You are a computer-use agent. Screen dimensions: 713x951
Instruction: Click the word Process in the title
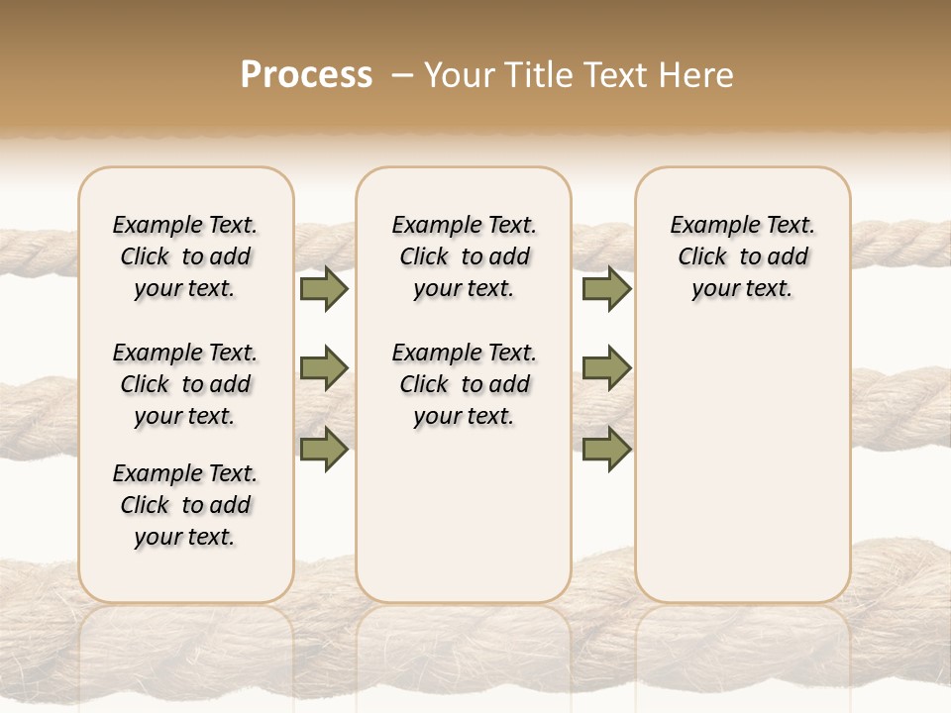coord(306,74)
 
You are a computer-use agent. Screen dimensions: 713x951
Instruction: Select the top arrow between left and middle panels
coord(324,288)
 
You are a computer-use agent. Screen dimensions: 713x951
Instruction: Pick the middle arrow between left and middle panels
coord(324,368)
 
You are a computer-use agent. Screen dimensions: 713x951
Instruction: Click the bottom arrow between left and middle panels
coord(324,449)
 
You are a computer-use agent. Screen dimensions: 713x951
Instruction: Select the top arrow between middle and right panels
coord(606,288)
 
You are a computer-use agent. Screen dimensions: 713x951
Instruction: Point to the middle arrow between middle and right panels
coord(606,368)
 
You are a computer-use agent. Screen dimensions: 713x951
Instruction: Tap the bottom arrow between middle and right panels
coord(606,449)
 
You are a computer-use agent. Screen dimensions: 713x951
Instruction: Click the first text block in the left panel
coord(185,256)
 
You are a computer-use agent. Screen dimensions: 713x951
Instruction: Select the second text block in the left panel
coord(185,384)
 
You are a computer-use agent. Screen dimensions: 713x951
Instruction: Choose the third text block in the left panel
coord(185,505)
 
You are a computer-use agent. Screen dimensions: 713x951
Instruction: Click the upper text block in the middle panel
coord(465,256)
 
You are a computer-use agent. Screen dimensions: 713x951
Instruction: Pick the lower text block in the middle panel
coord(465,384)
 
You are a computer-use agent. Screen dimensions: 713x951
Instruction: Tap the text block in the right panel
coord(743,256)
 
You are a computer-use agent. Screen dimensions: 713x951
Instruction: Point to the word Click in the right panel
coord(702,257)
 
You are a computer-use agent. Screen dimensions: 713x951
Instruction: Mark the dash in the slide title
coord(401,74)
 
